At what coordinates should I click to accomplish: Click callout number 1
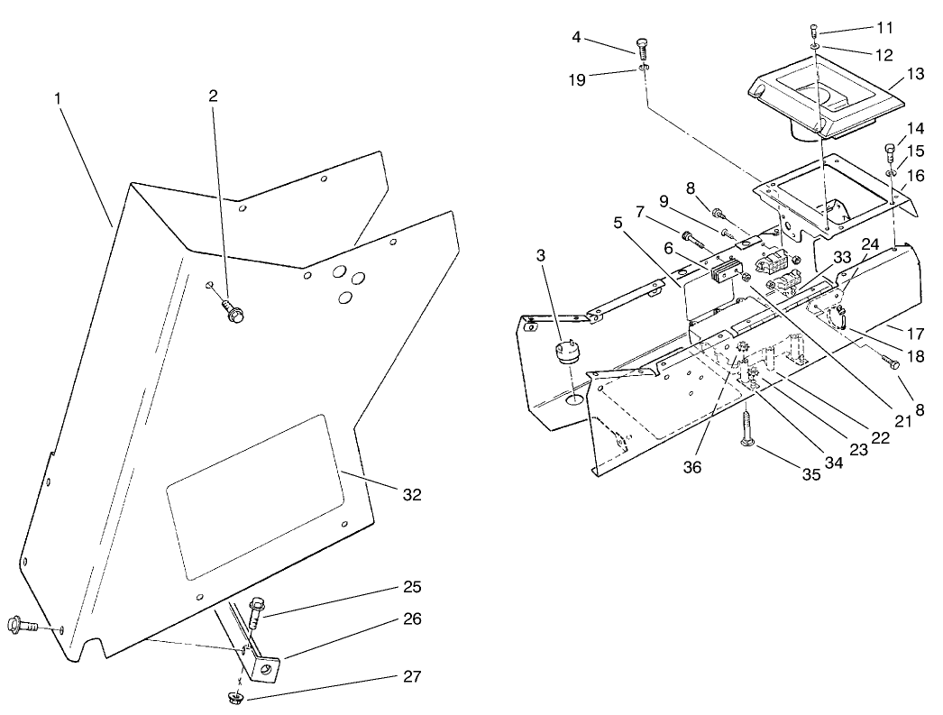click(58, 98)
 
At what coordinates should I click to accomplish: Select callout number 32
click(412, 494)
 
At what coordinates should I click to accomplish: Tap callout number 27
click(412, 676)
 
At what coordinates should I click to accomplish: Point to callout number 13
click(915, 74)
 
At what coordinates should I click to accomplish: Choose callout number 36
click(692, 467)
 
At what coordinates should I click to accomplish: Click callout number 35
click(811, 474)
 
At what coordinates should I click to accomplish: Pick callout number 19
click(577, 79)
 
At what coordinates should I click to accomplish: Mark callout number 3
click(541, 255)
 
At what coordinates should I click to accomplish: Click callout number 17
click(915, 333)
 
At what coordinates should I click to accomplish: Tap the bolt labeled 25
click(256, 611)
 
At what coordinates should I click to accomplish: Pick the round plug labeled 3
click(564, 353)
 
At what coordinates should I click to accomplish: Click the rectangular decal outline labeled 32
click(255, 497)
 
